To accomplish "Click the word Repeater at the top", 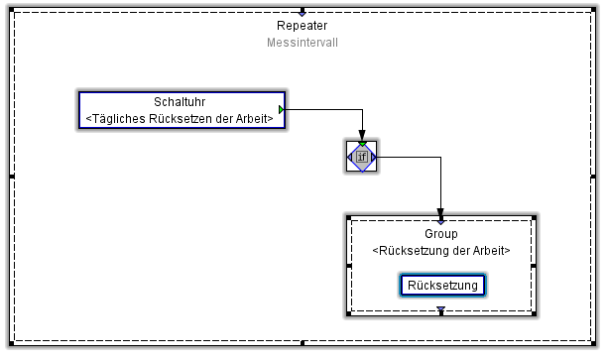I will point(303,26).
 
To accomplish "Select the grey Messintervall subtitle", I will point(303,43).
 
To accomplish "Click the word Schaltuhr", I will point(181,102).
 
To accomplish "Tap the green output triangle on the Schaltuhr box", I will point(283,109).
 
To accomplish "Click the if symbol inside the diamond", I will point(362,157).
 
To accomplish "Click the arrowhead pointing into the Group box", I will point(441,210).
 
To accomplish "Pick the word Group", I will point(441,234).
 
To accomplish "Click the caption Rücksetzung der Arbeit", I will point(441,251).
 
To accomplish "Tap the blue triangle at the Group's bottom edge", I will point(441,311).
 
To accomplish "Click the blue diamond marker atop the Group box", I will point(441,218).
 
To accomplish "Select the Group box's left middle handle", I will point(348,266).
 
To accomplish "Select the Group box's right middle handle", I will point(534,266).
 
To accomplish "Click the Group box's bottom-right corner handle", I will point(534,314).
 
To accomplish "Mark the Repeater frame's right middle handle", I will point(595,177).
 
